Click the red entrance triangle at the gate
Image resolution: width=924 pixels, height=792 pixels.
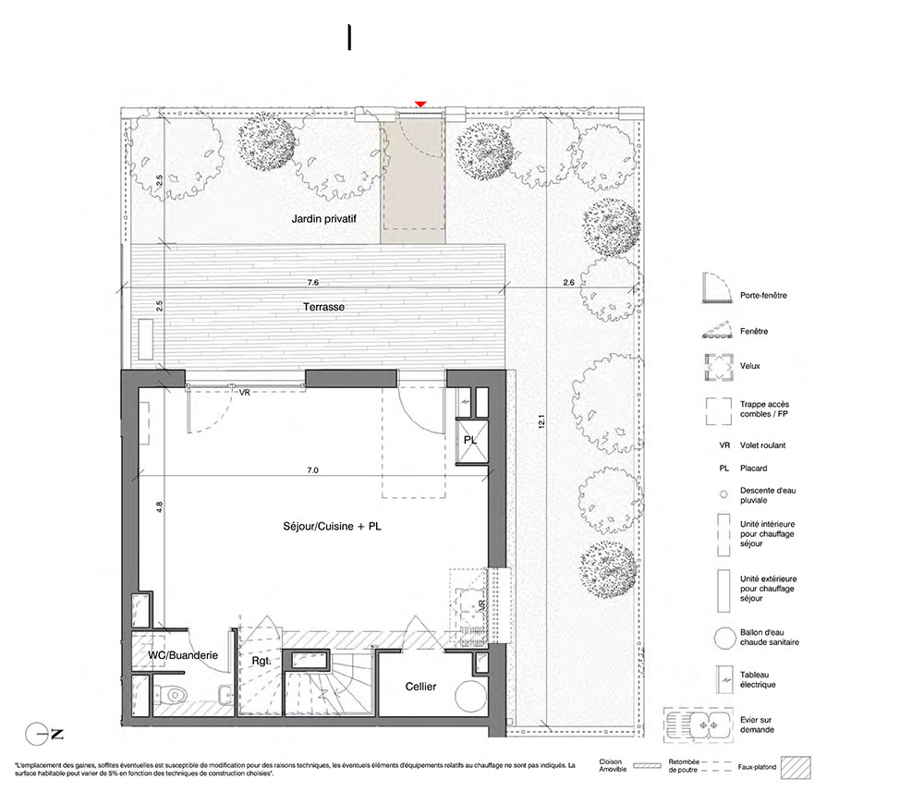click(x=420, y=104)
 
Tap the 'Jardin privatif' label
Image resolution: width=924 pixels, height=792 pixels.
click(x=323, y=219)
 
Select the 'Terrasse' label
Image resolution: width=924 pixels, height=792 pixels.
click(x=323, y=307)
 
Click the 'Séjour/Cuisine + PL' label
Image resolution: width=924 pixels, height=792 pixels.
click(x=332, y=526)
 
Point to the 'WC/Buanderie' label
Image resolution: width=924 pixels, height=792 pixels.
click(x=183, y=655)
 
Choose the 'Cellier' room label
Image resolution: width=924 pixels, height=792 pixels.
click(x=420, y=687)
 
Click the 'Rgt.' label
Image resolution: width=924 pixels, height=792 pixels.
click(x=261, y=661)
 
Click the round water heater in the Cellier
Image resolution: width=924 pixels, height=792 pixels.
click(x=471, y=695)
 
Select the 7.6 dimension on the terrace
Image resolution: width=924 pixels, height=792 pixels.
click(x=313, y=282)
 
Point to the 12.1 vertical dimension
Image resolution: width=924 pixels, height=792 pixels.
click(x=541, y=421)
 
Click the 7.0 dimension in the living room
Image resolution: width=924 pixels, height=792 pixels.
click(x=312, y=470)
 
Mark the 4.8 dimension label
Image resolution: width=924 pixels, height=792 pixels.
click(x=159, y=506)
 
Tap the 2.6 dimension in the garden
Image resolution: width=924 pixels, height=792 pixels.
click(x=568, y=282)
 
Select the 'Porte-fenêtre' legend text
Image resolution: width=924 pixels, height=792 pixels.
click(x=763, y=295)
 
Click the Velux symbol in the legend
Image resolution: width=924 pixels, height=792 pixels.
click(x=719, y=367)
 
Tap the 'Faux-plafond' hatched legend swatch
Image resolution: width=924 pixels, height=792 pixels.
click(x=796, y=767)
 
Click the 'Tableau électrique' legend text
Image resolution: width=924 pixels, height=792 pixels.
click(x=758, y=679)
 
